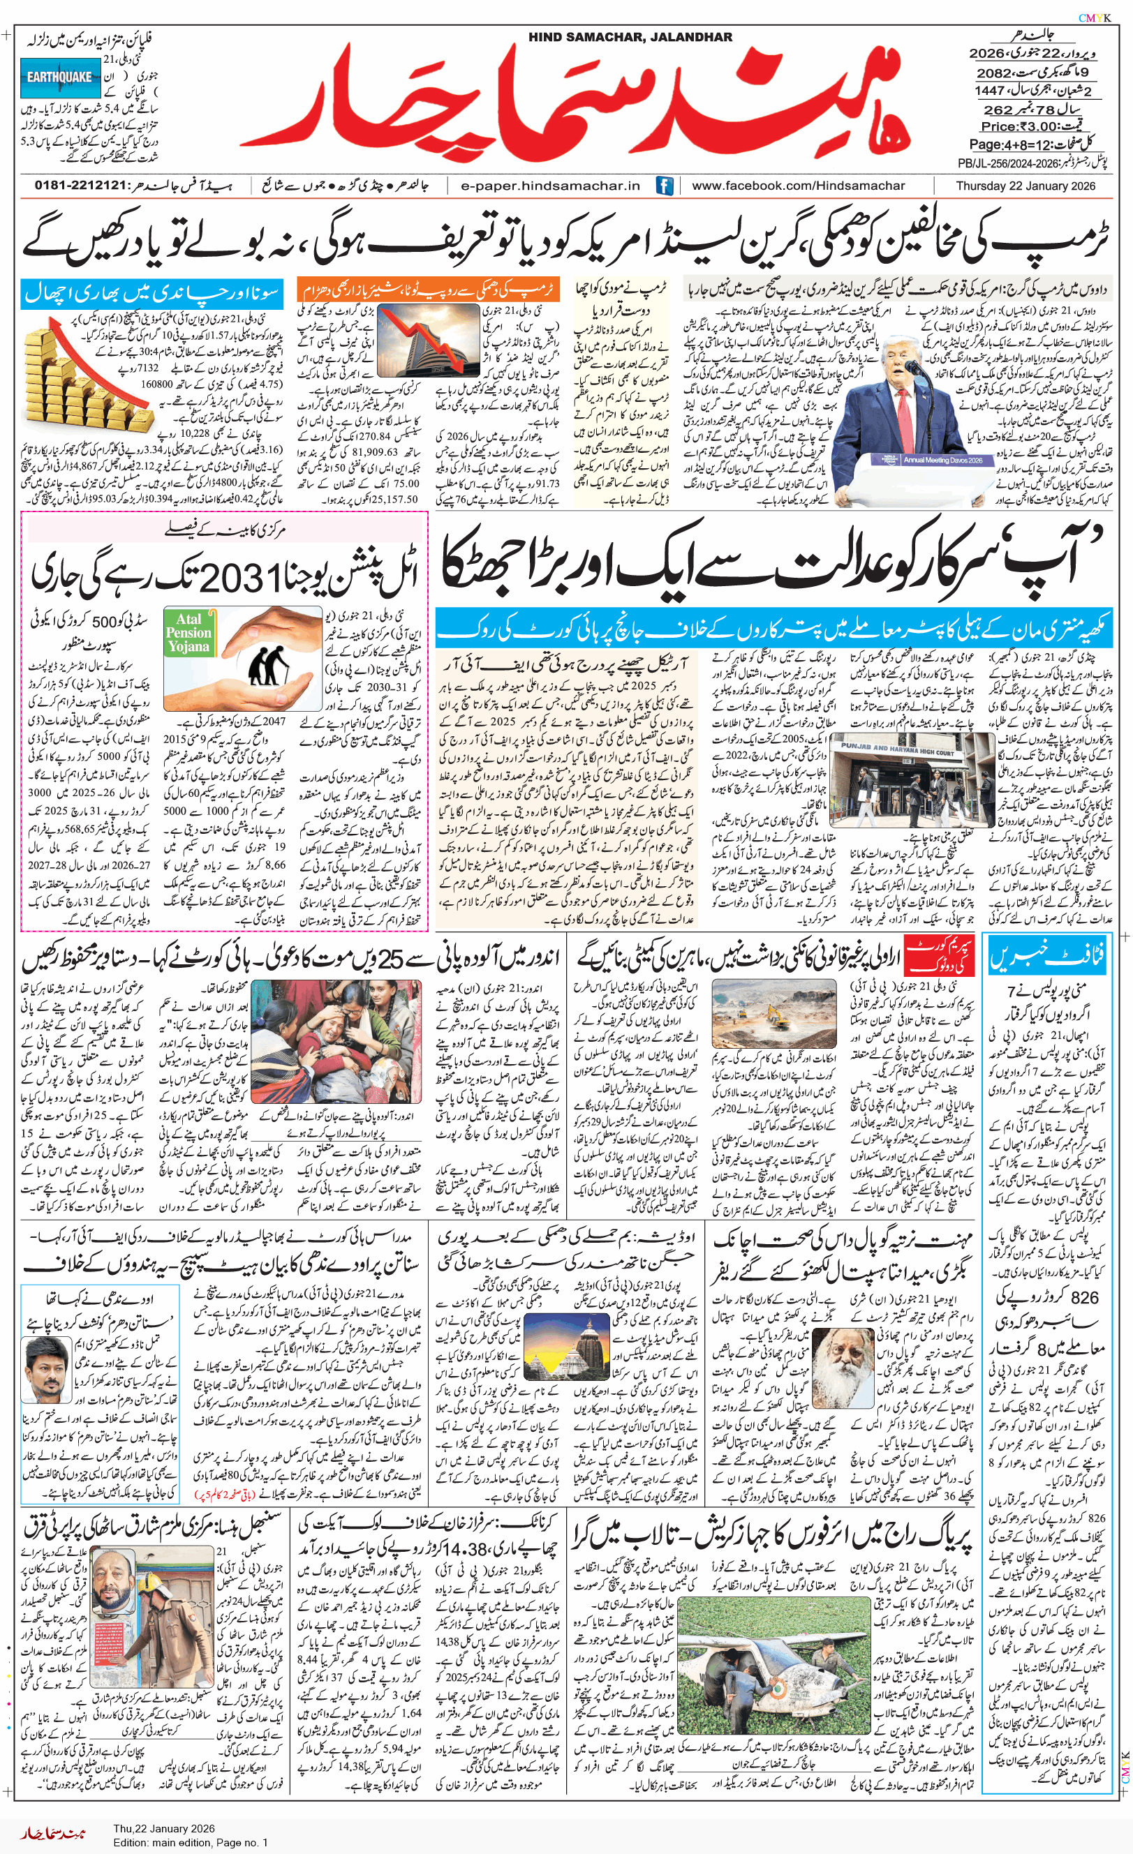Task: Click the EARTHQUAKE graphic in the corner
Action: (59, 77)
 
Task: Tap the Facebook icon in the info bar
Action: (665, 186)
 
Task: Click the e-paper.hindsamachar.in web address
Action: (550, 186)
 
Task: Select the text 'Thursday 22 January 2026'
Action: (1025, 186)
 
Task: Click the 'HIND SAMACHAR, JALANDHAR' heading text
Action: (630, 37)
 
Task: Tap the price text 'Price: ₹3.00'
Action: (1029, 126)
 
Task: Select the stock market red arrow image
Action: (429, 338)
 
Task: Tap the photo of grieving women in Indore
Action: (335, 1040)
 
